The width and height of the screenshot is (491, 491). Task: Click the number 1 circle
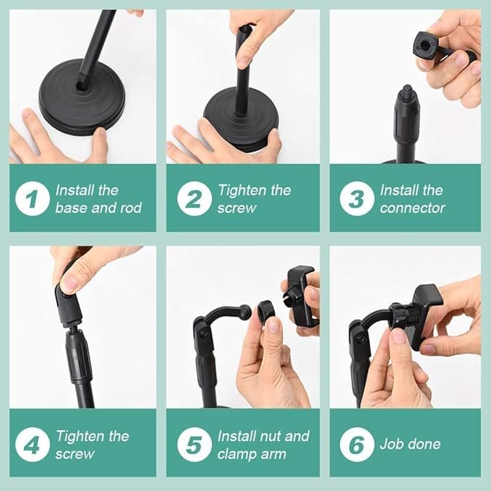(33, 200)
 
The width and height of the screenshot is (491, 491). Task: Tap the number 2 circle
(194, 200)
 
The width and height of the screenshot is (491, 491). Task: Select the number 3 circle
(356, 200)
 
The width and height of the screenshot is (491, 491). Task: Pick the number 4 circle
(33, 445)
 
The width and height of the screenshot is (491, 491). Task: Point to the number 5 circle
(194, 445)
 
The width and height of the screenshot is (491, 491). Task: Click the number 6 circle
(356, 445)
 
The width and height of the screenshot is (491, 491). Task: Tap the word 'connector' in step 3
(412, 208)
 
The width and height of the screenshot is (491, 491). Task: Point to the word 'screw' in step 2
(236, 208)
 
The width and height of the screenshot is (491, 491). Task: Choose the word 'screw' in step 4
(74, 454)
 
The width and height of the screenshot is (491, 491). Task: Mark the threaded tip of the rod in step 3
(407, 93)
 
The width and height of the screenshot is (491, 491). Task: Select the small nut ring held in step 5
(265, 313)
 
